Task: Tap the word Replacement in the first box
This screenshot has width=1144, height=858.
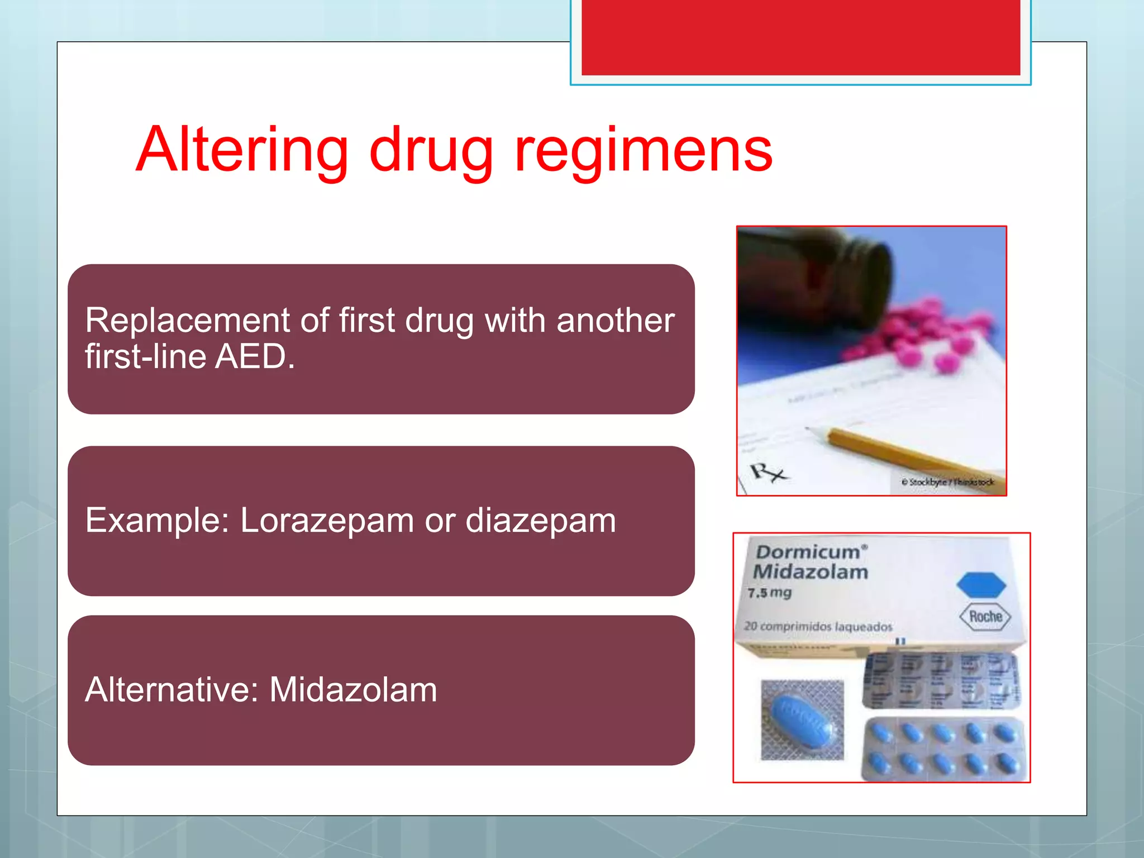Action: pos(188,321)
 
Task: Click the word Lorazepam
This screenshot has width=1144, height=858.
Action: pos(327,521)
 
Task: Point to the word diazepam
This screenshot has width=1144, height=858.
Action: pos(540,521)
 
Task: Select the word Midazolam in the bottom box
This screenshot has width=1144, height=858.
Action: pos(353,689)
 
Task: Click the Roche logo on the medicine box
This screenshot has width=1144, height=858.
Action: pos(985,617)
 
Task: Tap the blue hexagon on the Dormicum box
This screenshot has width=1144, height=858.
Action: pos(981,585)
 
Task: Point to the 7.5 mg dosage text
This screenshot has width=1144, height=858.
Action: pos(770,593)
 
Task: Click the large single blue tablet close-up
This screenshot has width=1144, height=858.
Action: pos(801,720)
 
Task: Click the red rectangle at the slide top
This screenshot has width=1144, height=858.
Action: pos(800,37)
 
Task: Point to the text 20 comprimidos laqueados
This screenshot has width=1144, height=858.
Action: pos(818,627)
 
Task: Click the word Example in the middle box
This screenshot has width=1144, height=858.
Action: pos(156,521)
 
